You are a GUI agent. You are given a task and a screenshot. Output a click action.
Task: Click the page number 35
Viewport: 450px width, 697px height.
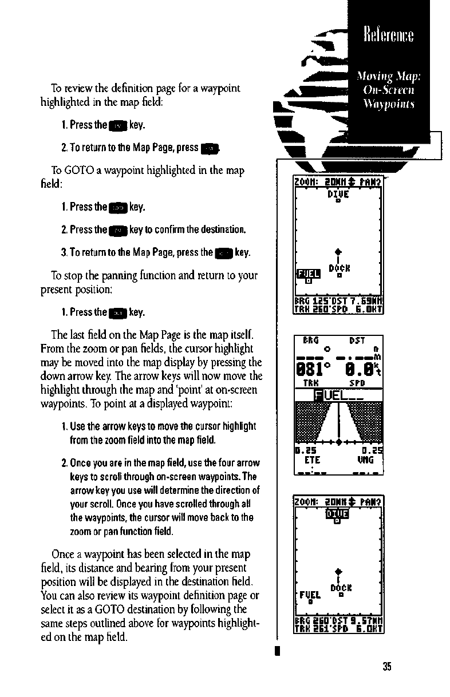387,666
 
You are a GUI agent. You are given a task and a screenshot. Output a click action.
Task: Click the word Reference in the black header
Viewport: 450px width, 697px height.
389,35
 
